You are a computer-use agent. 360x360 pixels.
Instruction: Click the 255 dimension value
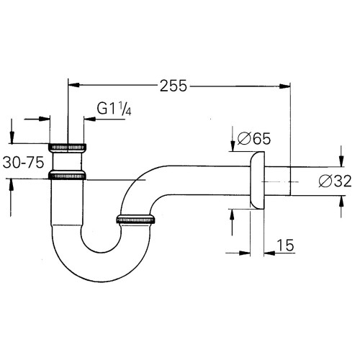[173, 86]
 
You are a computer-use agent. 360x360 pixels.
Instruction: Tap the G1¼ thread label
[114, 109]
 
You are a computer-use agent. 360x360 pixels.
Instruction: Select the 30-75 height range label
[23, 162]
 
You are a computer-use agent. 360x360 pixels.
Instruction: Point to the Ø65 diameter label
[254, 139]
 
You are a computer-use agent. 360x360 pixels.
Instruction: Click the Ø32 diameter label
[335, 181]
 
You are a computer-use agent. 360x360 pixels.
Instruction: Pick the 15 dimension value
[285, 245]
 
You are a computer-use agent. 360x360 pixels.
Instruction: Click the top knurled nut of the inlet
[68, 147]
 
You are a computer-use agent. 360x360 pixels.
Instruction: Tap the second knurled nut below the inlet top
[67, 176]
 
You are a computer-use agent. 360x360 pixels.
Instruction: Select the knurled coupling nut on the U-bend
[135, 220]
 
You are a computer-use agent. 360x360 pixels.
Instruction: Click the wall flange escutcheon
[257, 180]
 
